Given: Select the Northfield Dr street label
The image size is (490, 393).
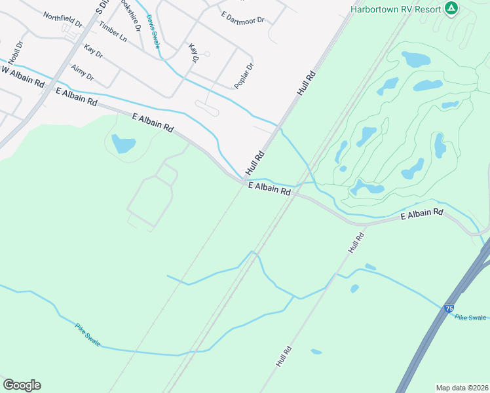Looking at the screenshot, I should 63,19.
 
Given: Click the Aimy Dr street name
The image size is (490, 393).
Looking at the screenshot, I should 83,72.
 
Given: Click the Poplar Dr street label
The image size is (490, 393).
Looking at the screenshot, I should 244,76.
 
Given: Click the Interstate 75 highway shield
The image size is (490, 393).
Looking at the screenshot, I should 448,308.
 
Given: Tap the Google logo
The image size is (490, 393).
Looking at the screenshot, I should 22,385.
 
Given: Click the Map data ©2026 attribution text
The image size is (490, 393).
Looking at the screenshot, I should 462,387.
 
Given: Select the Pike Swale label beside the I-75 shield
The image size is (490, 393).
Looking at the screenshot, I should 470,317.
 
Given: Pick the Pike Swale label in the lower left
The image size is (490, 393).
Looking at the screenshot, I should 87,334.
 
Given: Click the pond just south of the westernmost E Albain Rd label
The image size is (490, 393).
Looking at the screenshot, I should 123,143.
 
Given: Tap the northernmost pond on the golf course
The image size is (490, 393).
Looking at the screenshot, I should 415,59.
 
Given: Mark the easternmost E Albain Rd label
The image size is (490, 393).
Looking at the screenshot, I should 421,214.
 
